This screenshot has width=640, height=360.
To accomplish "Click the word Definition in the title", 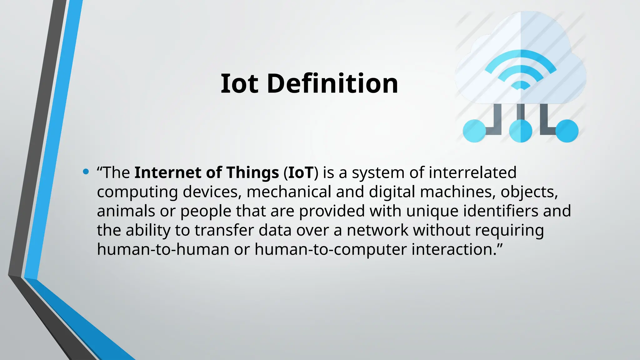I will (x=332, y=83).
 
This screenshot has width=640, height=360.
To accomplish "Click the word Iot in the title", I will (x=239, y=83).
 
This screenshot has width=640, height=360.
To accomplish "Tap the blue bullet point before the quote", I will (x=86, y=172).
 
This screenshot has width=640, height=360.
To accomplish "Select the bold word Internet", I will (x=168, y=172).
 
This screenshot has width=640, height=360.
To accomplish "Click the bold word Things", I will (x=252, y=172).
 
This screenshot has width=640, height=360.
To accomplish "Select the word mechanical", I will (x=289, y=192).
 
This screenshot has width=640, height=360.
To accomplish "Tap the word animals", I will (x=126, y=211).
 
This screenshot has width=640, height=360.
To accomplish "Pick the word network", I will (x=377, y=230).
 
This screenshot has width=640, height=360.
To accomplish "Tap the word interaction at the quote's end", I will (x=452, y=249).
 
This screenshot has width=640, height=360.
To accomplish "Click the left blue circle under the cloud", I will (x=474, y=131).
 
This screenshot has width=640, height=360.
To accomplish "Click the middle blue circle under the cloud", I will (x=521, y=131).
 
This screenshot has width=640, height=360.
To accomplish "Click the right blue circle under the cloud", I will (x=567, y=131).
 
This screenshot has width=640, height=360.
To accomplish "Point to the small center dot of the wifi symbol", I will (x=521, y=86).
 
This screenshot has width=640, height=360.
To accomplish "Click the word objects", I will (x=529, y=192).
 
